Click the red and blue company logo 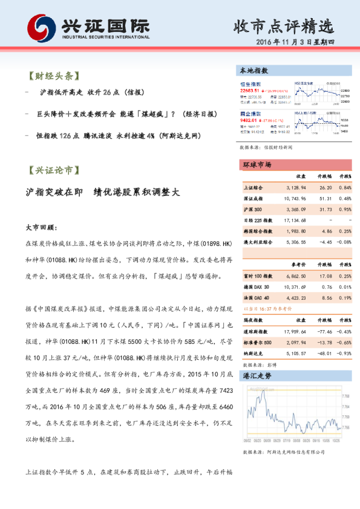pyautogui.click(x=41, y=27)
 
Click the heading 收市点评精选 pyautogui.click(x=283, y=26)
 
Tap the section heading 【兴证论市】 pyautogui.click(x=53, y=170)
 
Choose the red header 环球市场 pyautogui.click(x=256, y=165)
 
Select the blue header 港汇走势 pyautogui.click(x=256, y=376)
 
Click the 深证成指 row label pyautogui.click(x=254, y=198)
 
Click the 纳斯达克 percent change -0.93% pyautogui.click(x=343, y=353)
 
